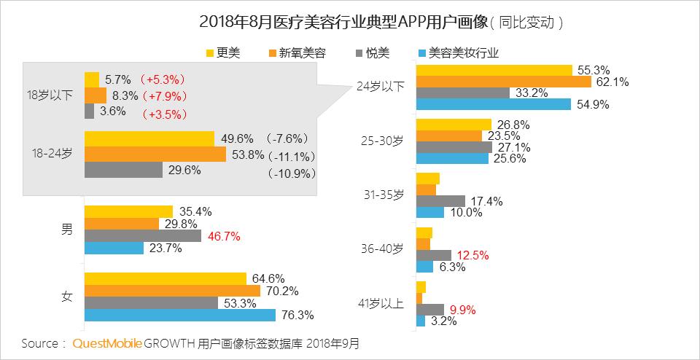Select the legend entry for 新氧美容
[x=296, y=52]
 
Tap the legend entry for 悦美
[x=371, y=52]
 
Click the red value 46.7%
[x=224, y=236]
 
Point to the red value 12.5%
[x=472, y=255]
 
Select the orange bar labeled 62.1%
[x=503, y=82]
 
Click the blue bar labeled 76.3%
[x=179, y=316]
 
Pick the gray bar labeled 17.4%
[x=440, y=200]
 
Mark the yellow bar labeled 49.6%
[x=149, y=138]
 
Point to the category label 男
[x=66, y=230]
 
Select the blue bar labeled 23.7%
[x=114, y=249]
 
